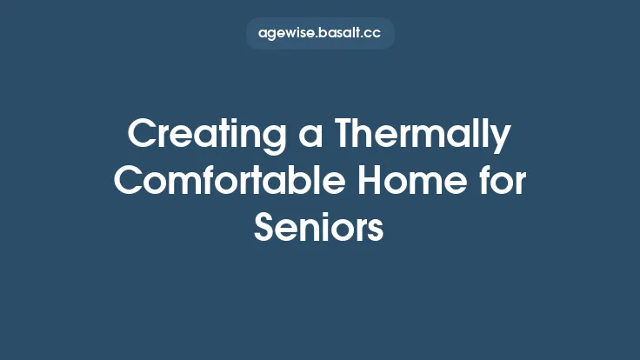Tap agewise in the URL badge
(x=286, y=34)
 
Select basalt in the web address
(x=340, y=33)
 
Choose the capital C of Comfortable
(x=130, y=182)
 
